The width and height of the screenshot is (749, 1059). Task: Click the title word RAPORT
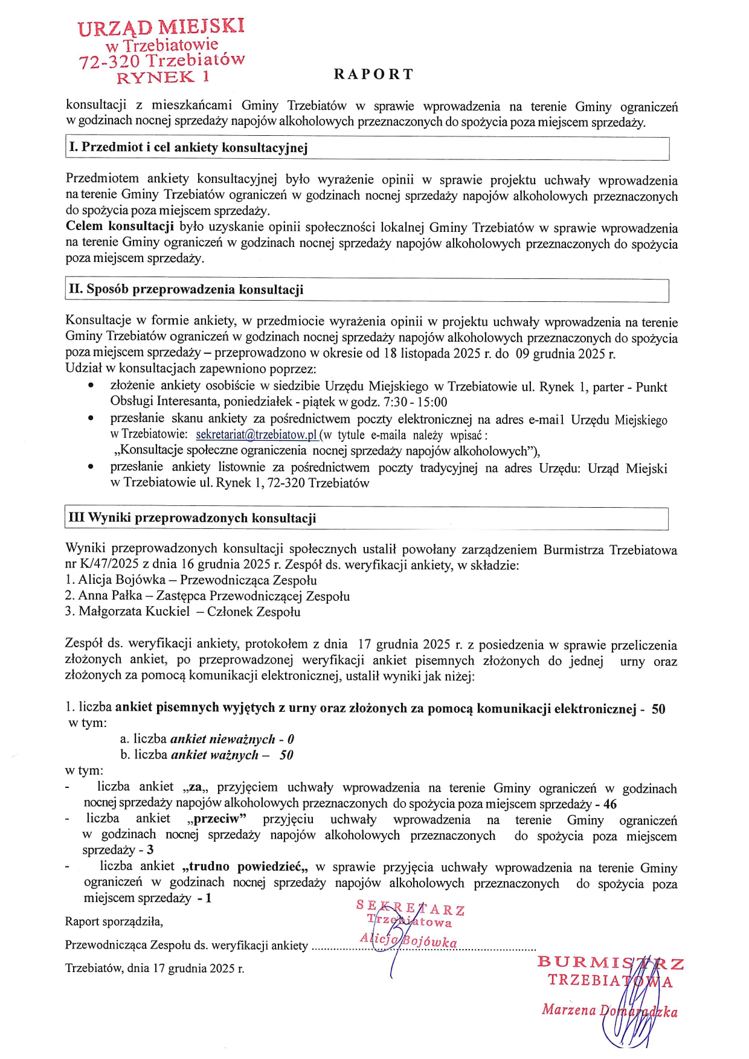[x=373, y=74]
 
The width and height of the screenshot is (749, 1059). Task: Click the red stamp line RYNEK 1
[x=162, y=77]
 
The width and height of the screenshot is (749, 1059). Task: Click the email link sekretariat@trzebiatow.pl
[x=256, y=435]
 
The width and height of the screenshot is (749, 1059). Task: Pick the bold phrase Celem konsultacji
[x=120, y=227]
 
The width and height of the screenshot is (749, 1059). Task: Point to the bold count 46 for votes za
[x=610, y=804]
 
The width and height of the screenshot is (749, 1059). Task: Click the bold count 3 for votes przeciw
[x=150, y=850]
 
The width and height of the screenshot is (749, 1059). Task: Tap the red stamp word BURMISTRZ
[x=610, y=962]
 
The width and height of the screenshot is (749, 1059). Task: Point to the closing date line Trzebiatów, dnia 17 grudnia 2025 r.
[x=155, y=968]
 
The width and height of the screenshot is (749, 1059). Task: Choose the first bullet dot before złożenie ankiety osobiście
[x=91, y=385]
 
